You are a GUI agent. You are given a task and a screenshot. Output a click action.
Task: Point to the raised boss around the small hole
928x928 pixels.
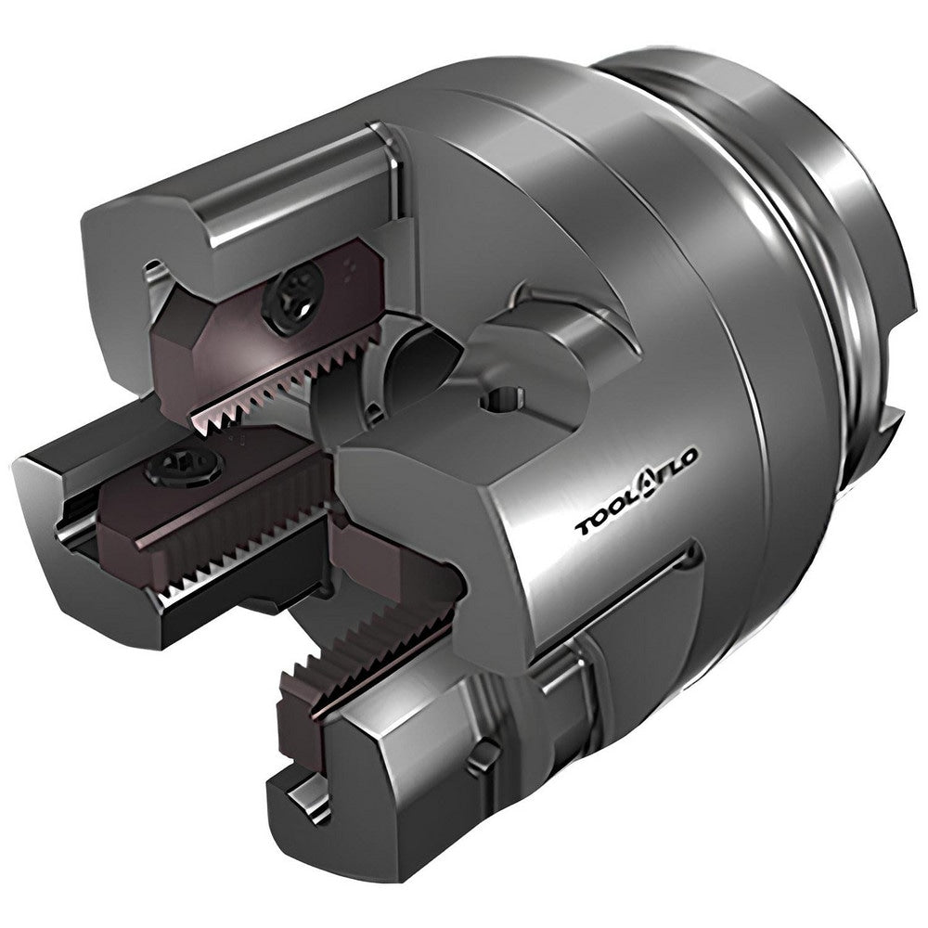[529, 371]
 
